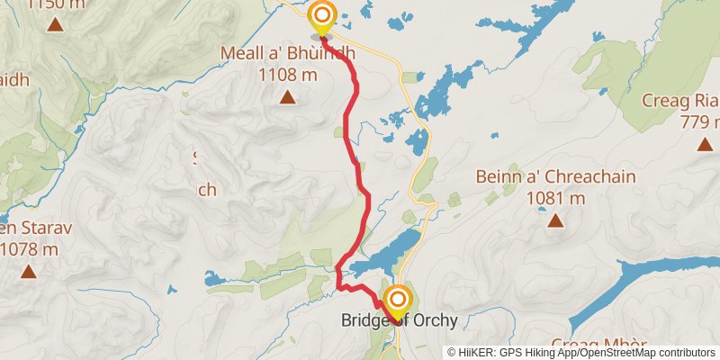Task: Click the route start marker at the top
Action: tap(321, 17)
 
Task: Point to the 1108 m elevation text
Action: tap(287, 75)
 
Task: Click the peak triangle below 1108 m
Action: tap(287, 96)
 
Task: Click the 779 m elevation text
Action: tap(701, 121)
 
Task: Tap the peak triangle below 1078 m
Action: tap(29, 270)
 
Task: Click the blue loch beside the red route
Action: tap(387, 253)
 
